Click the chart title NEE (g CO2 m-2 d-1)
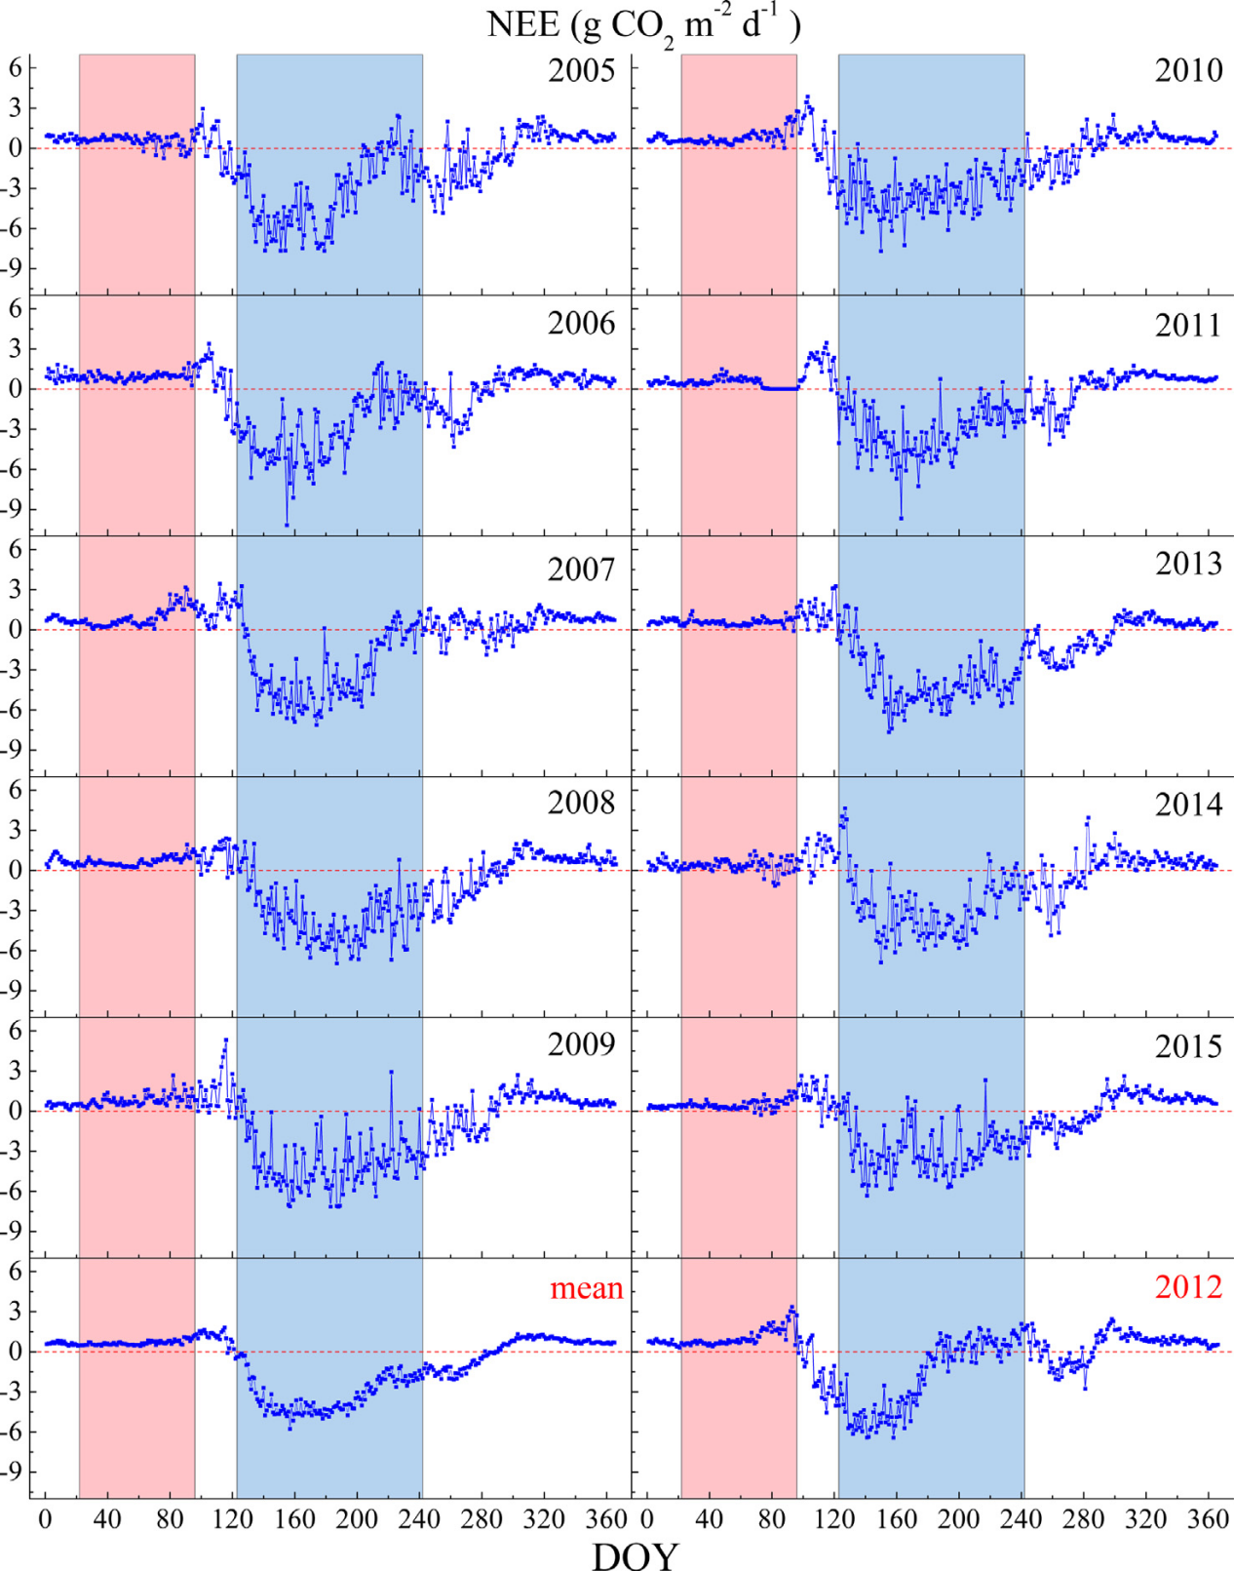coord(643,24)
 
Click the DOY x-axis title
coord(635,1554)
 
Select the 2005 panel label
coord(581,71)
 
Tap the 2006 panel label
coord(581,323)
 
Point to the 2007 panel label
coord(581,569)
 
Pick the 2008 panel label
coord(581,803)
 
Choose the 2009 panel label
coord(581,1044)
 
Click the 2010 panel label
coord(1188,70)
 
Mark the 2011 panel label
coord(1188,325)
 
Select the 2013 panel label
coord(1188,564)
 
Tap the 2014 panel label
coord(1188,805)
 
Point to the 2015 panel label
coord(1188,1046)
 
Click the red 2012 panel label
coord(1188,1287)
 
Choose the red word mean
coord(586,1288)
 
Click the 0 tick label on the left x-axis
coord(45,1519)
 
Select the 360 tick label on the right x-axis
coord(1208,1519)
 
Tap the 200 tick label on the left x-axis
coord(357,1519)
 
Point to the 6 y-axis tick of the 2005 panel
coord(16,67)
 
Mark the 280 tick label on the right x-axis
coord(1083,1519)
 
